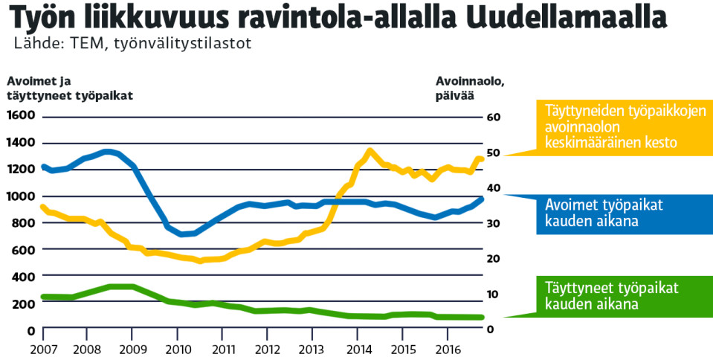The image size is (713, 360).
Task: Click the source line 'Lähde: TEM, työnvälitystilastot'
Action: coord(132,43)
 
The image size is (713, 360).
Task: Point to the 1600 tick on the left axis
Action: coord(22,116)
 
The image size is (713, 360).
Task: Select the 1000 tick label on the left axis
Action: coord(22,196)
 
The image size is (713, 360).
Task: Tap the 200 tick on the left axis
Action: coord(25,303)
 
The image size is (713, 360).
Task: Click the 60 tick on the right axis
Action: coord(493,118)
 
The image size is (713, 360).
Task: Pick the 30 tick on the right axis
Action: coord(493,224)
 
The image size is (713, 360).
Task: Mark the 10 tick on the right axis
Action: coord(493,295)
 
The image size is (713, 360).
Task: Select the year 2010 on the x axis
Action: coord(178,349)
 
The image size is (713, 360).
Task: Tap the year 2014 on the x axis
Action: coord(358,349)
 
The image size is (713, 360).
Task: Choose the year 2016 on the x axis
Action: coord(446,349)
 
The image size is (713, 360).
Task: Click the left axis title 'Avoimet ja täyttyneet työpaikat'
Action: coord(71,89)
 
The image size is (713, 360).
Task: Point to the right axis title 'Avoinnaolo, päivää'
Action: coord(470,89)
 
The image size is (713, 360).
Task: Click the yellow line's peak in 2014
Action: coord(370,152)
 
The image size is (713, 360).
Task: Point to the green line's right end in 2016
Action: coord(481,318)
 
